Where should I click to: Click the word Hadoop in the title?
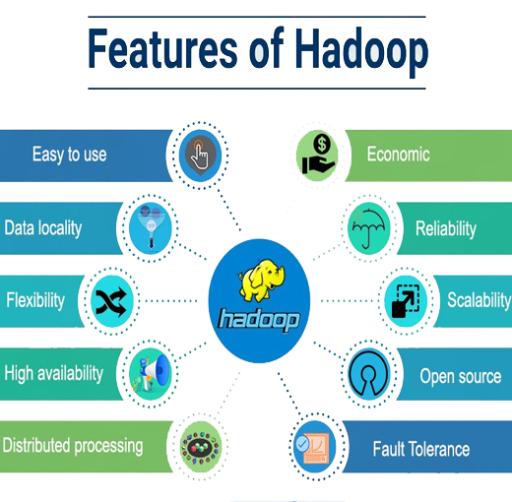[x=361, y=52]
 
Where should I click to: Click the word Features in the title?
[x=162, y=48]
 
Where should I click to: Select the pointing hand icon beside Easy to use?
[x=200, y=156]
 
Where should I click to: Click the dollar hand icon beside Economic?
[x=317, y=155]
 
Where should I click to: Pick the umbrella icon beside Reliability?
[x=369, y=228]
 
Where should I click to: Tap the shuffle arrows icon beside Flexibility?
[x=111, y=301]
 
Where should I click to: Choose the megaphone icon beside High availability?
[x=151, y=374]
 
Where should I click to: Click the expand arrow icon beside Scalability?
[x=406, y=301]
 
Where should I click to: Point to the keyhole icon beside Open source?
[x=368, y=374]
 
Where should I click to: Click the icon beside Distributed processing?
[x=201, y=447]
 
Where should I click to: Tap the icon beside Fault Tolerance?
[x=314, y=447]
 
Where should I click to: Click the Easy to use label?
[x=69, y=155]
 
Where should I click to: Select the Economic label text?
[x=398, y=155]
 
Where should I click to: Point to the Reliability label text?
[x=446, y=228]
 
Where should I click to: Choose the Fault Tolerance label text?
[x=421, y=449]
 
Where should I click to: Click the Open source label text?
[x=461, y=376]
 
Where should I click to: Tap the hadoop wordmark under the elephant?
[x=259, y=320]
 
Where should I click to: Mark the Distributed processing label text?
[x=73, y=446]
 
